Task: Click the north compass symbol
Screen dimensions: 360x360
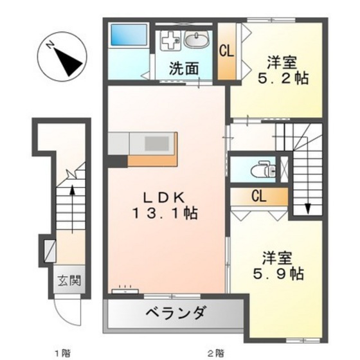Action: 62,58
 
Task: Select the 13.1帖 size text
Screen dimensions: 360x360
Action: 165,213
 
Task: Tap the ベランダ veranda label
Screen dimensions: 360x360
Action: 176,314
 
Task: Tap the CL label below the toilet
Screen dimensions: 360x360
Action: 260,196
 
